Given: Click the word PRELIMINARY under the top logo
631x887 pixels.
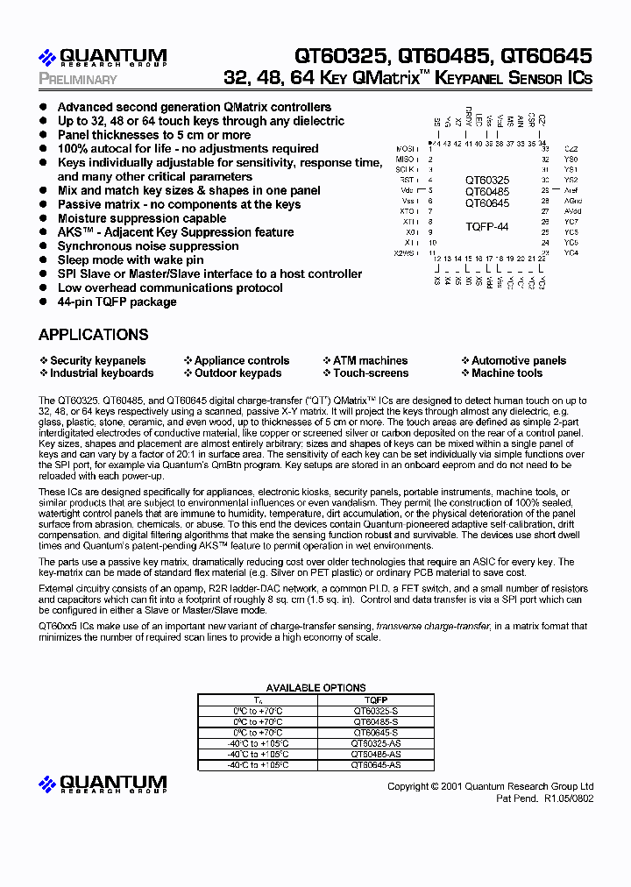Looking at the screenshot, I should click(x=78, y=80).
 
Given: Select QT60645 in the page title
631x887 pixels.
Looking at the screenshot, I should click(x=546, y=56).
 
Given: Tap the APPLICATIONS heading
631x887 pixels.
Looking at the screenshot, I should click(x=94, y=335).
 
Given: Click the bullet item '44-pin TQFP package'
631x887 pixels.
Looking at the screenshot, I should click(x=117, y=302).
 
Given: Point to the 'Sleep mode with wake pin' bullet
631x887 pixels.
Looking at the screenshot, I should click(x=130, y=259).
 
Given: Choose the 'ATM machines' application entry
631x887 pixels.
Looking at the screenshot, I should click(x=370, y=360).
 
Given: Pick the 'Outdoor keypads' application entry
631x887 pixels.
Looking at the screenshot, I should click(x=238, y=373).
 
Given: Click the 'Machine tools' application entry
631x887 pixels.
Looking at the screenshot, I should click(x=507, y=373).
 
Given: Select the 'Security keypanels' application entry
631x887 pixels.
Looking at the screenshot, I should click(x=97, y=360).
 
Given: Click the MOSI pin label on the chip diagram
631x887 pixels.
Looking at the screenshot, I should click(x=405, y=149).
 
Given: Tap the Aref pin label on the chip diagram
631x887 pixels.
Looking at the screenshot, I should click(x=572, y=190).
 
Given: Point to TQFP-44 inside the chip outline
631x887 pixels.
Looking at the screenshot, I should click(x=486, y=226).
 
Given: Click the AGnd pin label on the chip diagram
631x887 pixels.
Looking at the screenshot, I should click(x=572, y=201).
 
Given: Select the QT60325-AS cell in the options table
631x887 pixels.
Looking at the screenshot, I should click(x=375, y=742).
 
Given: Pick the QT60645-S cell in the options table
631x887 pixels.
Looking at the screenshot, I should click(x=375, y=732).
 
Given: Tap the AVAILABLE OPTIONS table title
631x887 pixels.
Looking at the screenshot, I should click(x=315, y=688).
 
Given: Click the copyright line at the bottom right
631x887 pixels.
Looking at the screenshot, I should click(x=490, y=786).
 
